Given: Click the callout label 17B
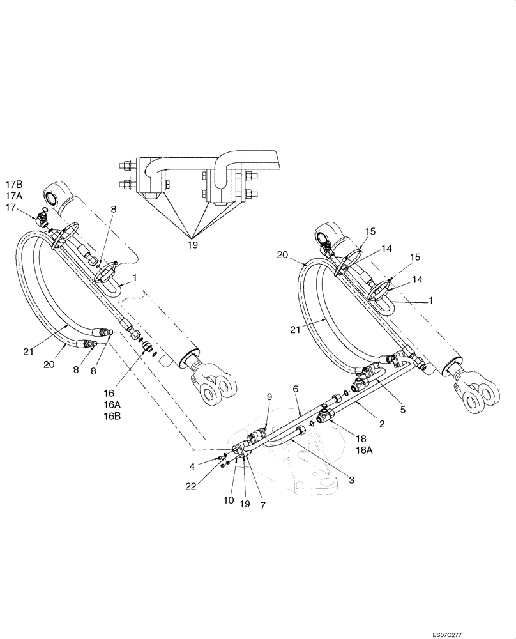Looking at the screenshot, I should pyautogui.click(x=15, y=187).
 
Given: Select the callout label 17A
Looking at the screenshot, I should pyautogui.click(x=15, y=197).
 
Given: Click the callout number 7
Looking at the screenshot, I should pyautogui.click(x=262, y=505).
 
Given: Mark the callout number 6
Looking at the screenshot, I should pyautogui.click(x=295, y=388).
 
